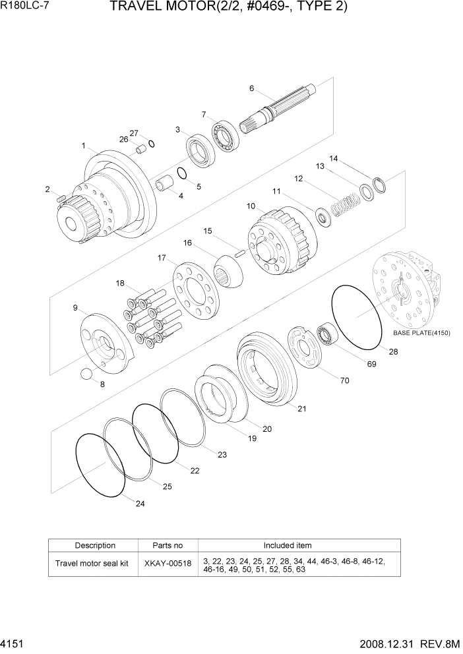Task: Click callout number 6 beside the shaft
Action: (x=251, y=88)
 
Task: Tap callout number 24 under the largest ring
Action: (x=139, y=504)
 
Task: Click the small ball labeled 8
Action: (x=86, y=374)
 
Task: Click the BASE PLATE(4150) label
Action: (x=421, y=333)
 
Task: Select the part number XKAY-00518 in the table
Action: (x=168, y=564)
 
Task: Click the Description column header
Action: (x=95, y=546)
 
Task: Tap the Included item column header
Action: (x=288, y=546)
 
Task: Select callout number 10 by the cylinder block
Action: (x=251, y=206)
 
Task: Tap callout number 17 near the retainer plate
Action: (x=162, y=257)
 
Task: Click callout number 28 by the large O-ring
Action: (x=393, y=352)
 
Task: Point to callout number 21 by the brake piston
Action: (x=301, y=409)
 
